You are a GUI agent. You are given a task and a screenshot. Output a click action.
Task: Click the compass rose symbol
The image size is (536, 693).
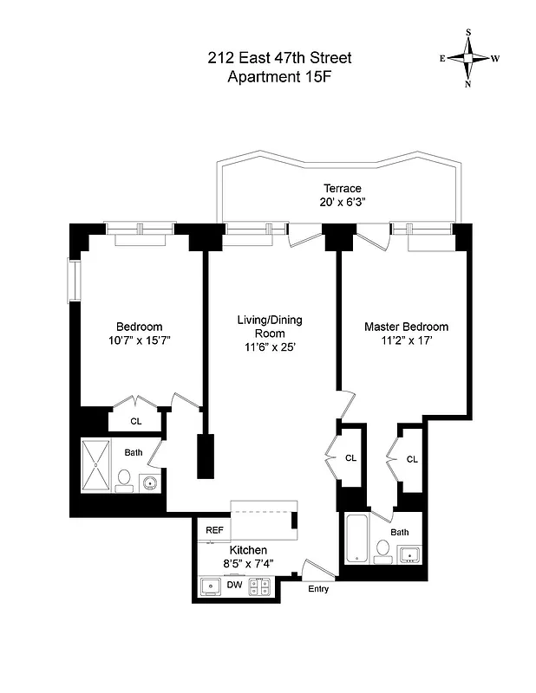[469, 59]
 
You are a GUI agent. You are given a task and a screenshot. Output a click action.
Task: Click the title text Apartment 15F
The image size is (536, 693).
[278, 77]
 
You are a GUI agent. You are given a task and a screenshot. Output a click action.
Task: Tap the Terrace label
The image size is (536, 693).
[342, 188]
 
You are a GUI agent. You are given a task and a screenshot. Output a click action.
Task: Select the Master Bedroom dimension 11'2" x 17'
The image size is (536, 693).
[406, 341]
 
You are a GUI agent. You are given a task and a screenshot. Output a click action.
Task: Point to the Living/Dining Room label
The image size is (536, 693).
[270, 321]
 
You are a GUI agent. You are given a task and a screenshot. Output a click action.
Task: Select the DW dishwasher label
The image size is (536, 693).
[233, 586]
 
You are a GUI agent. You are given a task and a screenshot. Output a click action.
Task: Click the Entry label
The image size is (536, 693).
[318, 589]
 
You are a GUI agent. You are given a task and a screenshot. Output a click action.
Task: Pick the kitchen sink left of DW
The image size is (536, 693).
[211, 586]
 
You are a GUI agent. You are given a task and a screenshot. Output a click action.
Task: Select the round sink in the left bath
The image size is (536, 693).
[151, 483]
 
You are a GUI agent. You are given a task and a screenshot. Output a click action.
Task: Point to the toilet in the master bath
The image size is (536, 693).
[382, 549]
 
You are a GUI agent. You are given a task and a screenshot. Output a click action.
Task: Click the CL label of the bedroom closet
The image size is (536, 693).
[136, 422]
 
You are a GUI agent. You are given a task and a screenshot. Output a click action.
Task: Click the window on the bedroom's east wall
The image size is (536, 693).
[75, 279]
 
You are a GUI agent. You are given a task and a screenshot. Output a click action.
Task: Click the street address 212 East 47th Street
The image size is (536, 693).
[278, 58]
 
